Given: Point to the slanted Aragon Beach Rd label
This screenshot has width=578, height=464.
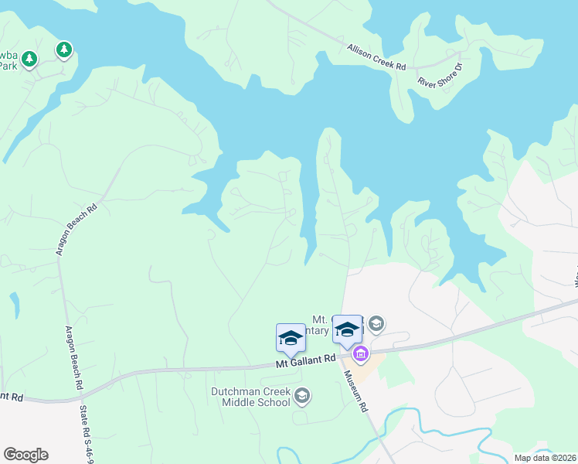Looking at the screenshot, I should pyautogui.click(x=76, y=230).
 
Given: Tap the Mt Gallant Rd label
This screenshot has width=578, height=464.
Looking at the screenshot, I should pyautogui.click(x=307, y=360).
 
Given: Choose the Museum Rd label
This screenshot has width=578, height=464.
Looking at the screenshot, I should pyautogui.click(x=357, y=391).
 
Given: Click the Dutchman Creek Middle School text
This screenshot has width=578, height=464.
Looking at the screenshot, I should pyautogui.click(x=251, y=397).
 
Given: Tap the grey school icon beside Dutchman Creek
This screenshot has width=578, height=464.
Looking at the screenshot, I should pyautogui.click(x=302, y=397).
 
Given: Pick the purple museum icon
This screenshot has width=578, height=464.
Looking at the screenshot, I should pyautogui.click(x=359, y=355).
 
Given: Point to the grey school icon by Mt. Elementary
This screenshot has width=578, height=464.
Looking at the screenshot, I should pyautogui.click(x=376, y=323).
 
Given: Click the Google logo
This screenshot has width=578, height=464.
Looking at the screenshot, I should pyautogui.click(x=25, y=455).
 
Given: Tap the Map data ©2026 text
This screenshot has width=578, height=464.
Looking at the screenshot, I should pyautogui.click(x=545, y=458).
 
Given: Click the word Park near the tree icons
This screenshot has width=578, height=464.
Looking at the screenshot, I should pyautogui.click(x=8, y=66).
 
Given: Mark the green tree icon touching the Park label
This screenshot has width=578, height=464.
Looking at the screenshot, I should pyautogui.click(x=29, y=59).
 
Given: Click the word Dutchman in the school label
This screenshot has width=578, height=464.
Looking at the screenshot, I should pyautogui.click(x=234, y=391).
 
